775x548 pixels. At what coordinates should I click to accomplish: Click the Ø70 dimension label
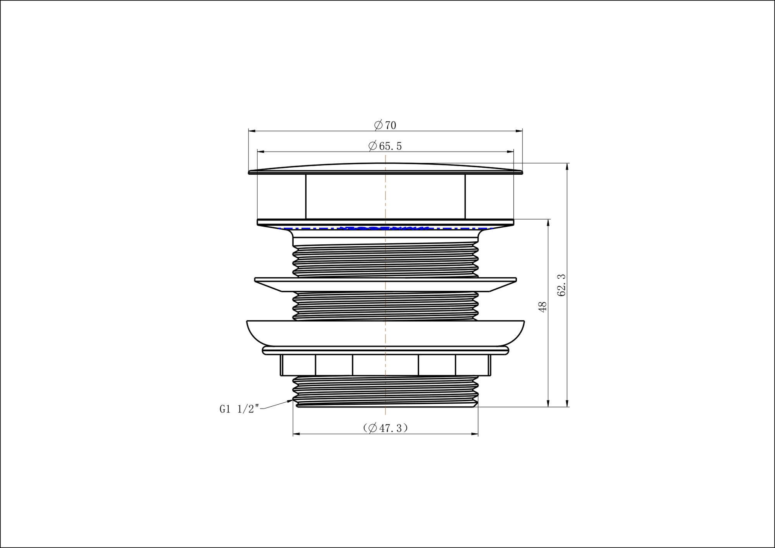pos(385,125)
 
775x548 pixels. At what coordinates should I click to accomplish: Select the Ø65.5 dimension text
pos(385,146)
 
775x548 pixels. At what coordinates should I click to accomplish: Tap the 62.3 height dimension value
pos(561,285)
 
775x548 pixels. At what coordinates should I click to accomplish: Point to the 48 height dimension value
pos(542,307)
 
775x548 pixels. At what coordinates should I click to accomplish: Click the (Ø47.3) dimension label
pos(386,428)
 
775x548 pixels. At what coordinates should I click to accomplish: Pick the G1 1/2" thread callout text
pos(239,409)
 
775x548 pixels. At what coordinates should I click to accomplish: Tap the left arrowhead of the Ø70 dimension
pos(252,131)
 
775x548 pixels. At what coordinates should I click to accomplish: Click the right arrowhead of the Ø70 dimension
pos(519,131)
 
